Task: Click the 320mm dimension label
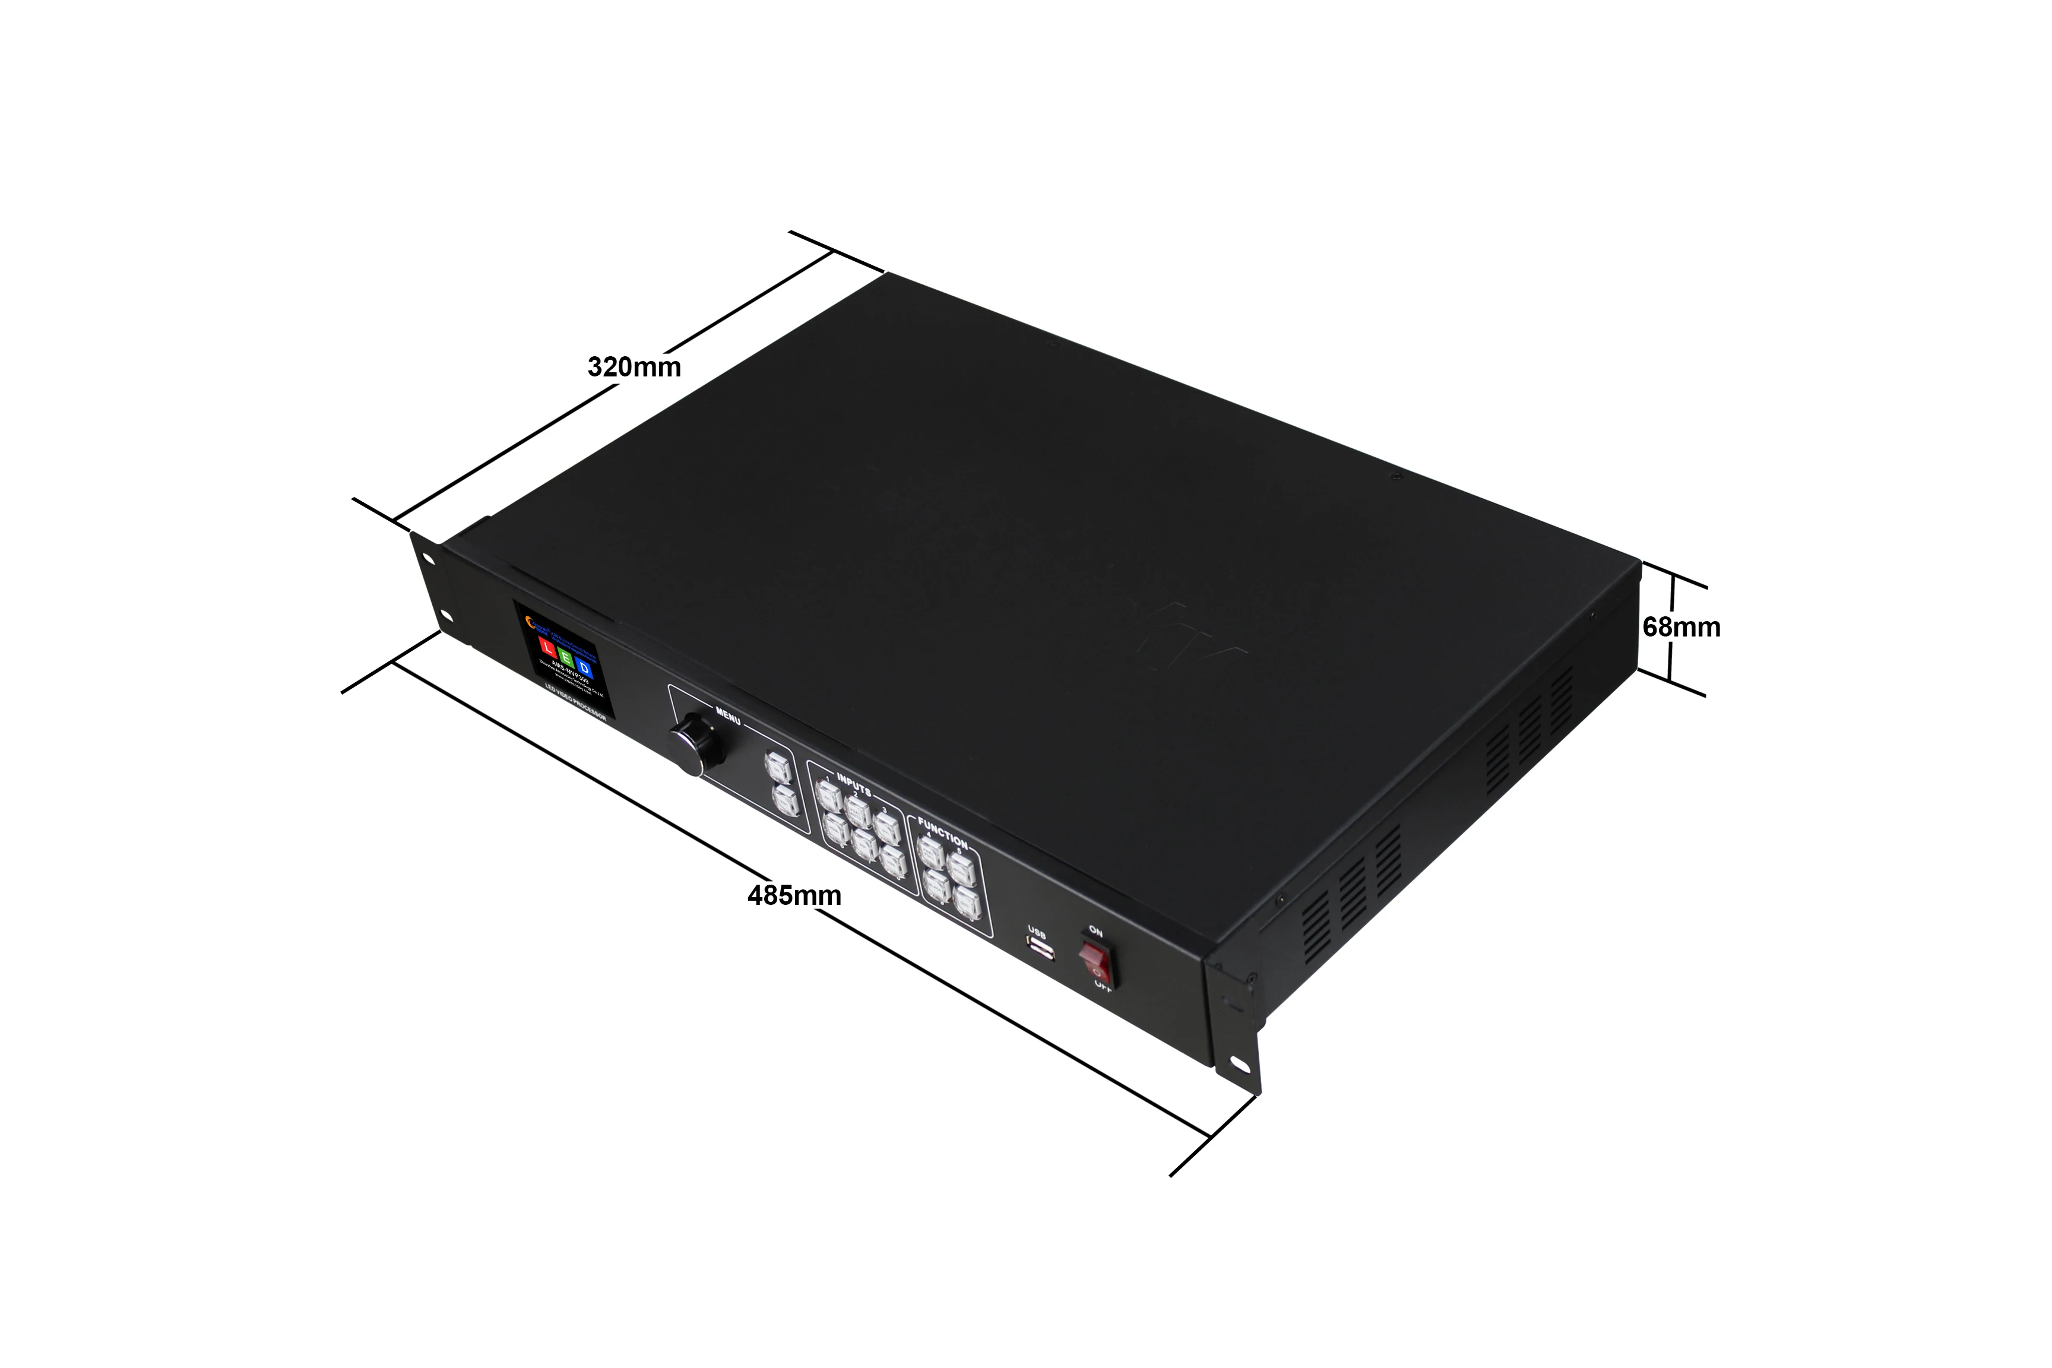(634, 368)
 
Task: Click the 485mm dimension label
(794, 895)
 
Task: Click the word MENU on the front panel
(727, 716)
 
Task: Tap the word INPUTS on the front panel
(853, 784)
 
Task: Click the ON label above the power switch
(1096, 932)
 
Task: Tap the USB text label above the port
(1037, 931)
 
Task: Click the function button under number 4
(932, 853)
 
